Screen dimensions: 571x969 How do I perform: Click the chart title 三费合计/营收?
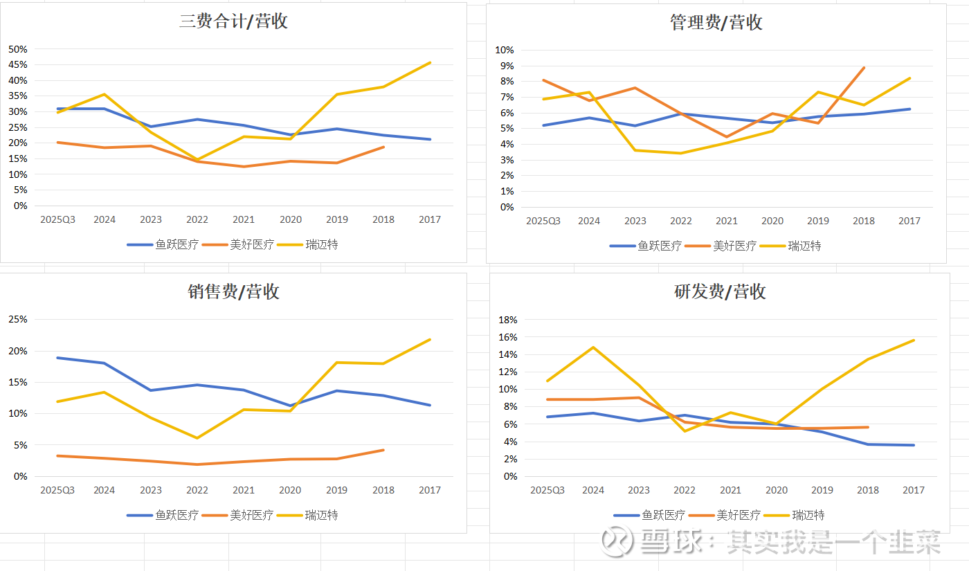233,21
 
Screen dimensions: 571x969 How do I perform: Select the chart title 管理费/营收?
716,22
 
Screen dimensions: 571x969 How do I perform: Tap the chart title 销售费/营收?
233,291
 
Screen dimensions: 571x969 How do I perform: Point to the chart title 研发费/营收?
720,291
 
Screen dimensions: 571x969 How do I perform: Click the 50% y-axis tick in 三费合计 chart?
18,49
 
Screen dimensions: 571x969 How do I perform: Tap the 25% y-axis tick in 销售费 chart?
18,320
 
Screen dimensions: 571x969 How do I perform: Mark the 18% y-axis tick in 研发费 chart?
508,320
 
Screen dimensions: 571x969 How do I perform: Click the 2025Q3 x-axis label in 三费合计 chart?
58,220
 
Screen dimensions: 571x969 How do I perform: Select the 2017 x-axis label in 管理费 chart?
909,221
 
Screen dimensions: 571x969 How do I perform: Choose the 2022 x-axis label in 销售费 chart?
197,491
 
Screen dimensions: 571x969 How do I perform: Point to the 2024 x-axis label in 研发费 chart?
593,491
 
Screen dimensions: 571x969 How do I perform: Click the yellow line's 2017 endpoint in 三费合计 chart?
430,63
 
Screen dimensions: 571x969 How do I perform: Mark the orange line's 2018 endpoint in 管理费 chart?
864,68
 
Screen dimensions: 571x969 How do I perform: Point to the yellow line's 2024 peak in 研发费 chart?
593,347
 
